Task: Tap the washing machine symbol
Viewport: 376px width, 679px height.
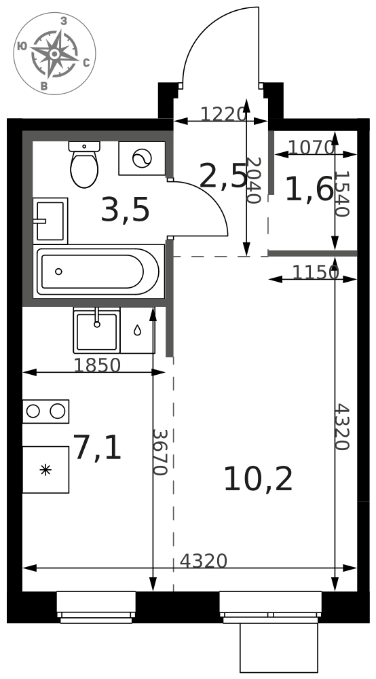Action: [142, 158]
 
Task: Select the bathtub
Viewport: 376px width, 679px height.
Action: [98, 272]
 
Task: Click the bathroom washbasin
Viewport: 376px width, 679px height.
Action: [50, 221]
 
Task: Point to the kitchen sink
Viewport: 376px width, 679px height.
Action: [96, 330]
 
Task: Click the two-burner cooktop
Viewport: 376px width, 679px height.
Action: [45, 411]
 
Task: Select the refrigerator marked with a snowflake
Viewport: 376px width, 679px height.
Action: [45, 469]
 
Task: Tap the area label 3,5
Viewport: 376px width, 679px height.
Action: [125, 210]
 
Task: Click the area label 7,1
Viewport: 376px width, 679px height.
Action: [97, 447]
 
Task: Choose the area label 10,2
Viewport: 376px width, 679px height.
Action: [259, 479]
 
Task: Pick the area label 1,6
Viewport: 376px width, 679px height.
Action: [309, 189]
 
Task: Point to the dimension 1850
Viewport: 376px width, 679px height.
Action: [97, 365]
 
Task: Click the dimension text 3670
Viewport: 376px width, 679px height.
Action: [159, 452]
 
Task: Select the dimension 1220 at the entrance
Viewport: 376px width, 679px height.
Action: [223, 114]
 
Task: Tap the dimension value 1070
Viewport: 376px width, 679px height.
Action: [312, 147]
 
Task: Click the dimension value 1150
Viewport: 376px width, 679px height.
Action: [316, 272]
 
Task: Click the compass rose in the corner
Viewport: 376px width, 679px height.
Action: [54, 54]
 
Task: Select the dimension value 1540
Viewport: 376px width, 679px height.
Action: [341, 193]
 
